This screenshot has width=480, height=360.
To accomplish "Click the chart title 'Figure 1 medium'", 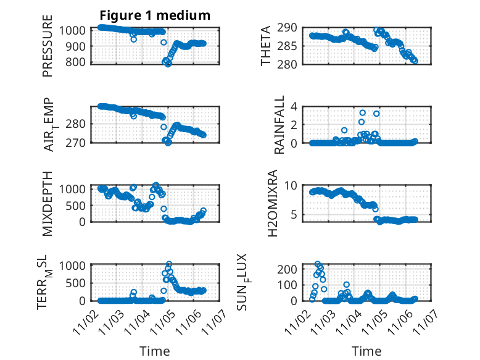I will coord(155,15).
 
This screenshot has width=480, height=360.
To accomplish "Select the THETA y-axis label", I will coord(266,46).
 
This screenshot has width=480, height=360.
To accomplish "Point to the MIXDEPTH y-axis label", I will coord(48,203).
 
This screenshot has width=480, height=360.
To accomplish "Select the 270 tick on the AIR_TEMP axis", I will coord(78,142).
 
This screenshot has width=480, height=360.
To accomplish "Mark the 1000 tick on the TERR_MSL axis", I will coord(75,265).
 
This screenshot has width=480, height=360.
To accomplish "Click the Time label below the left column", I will coord(155,351).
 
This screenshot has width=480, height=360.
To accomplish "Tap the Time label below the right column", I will coord(366,351).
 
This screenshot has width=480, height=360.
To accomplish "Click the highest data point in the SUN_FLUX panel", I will coord(318,264).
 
